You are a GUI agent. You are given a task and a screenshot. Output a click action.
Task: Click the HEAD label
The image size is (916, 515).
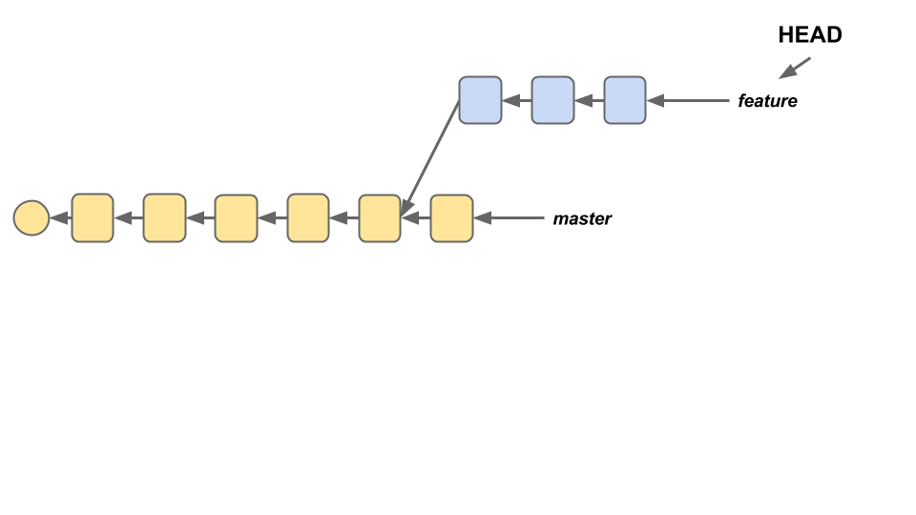tap(810, 35)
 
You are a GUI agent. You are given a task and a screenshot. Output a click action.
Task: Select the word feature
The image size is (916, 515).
tap(767, 100)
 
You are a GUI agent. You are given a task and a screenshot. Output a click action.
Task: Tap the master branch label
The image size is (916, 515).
tap(582, 218)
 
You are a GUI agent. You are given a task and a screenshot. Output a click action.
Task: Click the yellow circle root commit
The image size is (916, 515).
tap(31, 218)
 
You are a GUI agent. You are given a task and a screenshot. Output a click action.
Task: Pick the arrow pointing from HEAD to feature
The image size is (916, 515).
tap(795, 68)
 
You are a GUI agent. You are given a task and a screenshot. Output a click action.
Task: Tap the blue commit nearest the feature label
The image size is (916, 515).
tap(625, 100)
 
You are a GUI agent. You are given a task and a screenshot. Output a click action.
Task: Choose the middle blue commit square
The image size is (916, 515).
tap(552, 100)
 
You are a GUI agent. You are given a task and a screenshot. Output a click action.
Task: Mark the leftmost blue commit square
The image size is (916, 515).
tap(480, 100)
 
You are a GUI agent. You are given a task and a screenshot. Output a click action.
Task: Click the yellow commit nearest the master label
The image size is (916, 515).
tap(451, 218)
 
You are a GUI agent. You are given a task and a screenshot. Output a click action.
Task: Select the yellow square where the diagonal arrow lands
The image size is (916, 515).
tap(380, 218)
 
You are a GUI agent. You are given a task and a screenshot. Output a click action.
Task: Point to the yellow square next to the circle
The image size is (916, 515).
tap(93, 218)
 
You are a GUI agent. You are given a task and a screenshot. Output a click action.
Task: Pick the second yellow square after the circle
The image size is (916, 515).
tap(164, 218)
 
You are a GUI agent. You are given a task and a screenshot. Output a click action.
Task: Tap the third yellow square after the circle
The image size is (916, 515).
tap(236, 218)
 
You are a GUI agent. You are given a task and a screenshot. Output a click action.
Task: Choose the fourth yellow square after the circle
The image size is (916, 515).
tap(308, 218)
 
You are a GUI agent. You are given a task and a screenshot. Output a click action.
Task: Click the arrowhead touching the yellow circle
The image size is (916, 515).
tap(58, 218)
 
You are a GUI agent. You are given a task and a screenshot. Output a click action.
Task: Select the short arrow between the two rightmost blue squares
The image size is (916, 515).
tap(589, 100)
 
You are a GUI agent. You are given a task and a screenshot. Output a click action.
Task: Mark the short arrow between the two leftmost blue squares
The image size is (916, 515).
tap(516, 100)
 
